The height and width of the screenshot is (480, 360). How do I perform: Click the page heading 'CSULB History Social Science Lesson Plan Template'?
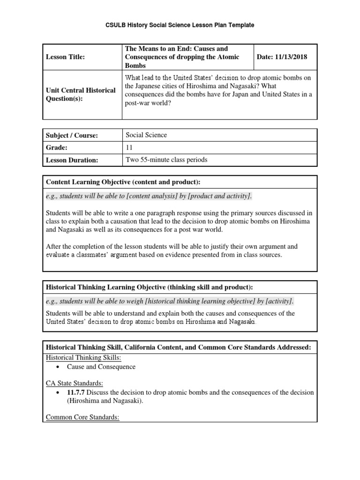pyautogui.click(x=180, y=25)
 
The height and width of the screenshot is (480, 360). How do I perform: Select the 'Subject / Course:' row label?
pyautogui.click(x=72, y=135)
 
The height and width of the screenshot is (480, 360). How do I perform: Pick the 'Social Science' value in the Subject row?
pyautogui.click(x=146, y=135)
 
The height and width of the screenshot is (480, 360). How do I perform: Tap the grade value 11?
pyautogui.click(x=129, y=147)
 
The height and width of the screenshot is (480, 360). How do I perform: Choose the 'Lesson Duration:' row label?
pyautogui.click(x=72, y=160)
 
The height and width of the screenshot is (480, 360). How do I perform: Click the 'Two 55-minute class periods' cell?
pyautogui.click(x=166, y=160)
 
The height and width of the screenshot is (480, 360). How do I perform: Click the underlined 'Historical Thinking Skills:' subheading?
pyautogui.click(x=83, y=357)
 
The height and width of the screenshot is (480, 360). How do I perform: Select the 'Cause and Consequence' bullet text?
pyautogui.click(x=101, y=367)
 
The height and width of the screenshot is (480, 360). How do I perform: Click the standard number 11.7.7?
pyautogui.click(x=76, y=392)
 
